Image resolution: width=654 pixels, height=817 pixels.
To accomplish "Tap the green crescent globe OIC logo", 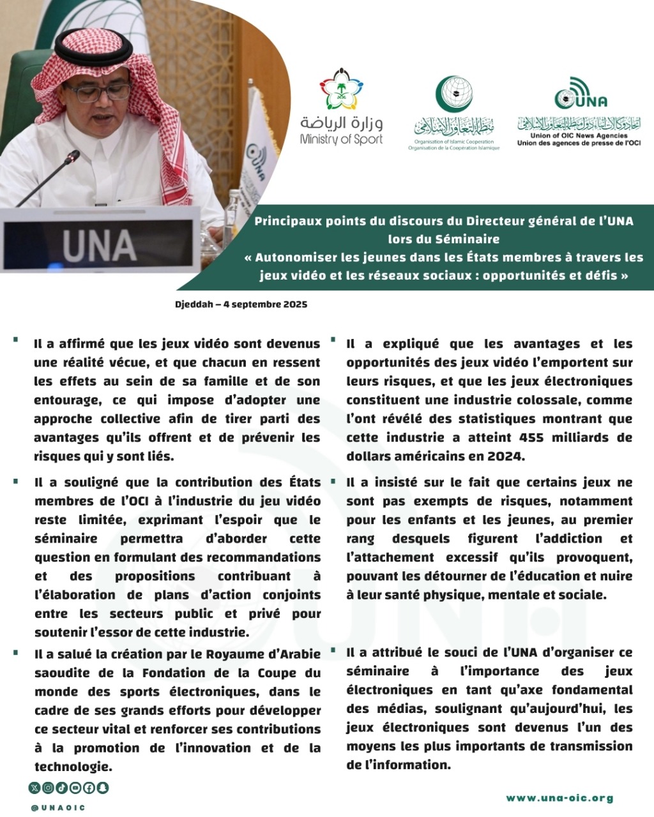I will click(x=454, y=94).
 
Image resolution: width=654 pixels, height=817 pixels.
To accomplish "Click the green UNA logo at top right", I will click(x=580, y=94).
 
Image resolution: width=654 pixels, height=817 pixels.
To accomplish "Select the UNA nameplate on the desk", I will click(x=100, y=245).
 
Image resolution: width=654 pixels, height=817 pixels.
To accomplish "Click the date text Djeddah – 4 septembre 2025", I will click(x=241, y=304).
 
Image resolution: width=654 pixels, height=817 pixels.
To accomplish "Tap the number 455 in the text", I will click(x=532, y=437).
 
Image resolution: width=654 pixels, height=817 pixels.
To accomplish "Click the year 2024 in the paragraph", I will click(x=505, y=456).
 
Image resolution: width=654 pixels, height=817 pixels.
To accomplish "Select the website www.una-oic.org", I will click(x=559, y=798).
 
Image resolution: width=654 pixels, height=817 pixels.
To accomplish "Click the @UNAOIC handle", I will click(x=58, y=807).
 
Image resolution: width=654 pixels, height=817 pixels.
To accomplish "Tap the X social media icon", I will click(x=34, y=788).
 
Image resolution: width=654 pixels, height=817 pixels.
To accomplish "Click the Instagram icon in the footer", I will click(x=48, y=788).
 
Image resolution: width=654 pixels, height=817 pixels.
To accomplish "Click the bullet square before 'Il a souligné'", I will click(x=15, y=481).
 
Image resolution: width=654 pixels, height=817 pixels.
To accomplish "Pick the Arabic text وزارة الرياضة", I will click(x=342, y=123).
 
